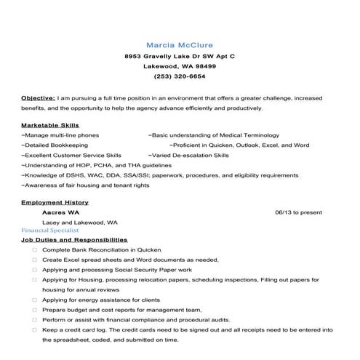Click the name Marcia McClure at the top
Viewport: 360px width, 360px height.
point(180,44)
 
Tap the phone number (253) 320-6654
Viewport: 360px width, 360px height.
point(180,76)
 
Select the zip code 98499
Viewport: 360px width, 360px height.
point(201,65)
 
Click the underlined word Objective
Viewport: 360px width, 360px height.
point(38,97)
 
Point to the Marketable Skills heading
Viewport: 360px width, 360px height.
point(50,125)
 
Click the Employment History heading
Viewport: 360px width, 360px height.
point(55,202)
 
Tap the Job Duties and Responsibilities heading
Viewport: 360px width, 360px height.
point(74,239)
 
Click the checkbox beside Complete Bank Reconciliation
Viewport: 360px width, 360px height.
point(34,249)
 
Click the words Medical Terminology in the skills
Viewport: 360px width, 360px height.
point(247,135)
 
